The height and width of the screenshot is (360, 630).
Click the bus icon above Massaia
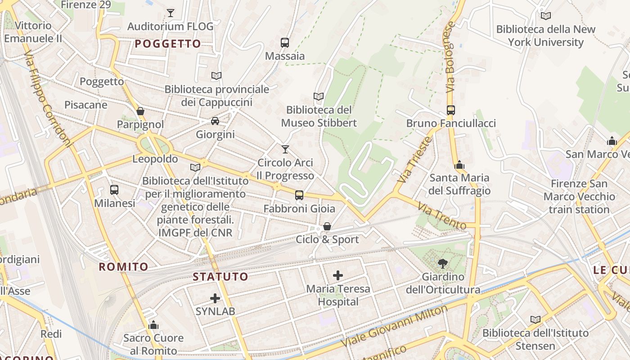pos(284,43)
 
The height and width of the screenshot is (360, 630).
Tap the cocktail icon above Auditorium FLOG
pos(171,13)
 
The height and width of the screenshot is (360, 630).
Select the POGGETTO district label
pos(168,44)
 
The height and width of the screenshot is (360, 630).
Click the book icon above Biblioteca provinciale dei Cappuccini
pos(216,76)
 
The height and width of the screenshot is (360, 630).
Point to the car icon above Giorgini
pos(215,121)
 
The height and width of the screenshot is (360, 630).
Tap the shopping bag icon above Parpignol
pos(140,111)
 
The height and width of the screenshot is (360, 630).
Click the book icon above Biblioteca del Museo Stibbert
pos(319,96)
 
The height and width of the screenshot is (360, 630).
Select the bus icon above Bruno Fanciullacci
pos(450,110)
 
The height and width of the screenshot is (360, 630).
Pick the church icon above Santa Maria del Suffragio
pos(459,165)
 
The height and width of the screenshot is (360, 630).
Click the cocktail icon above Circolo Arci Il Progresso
pos(285,149)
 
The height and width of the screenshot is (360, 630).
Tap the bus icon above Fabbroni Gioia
pos(299,195)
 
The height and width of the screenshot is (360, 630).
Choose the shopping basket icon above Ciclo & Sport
pos(327,226)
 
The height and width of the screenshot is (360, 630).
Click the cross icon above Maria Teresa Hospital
pos(338,275)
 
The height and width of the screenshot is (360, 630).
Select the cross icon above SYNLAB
pos(215,298)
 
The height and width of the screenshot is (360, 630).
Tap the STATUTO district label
pos(220,276)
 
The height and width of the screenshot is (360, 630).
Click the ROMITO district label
pos(123,267)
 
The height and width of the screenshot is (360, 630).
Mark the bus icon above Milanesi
pos(114,190)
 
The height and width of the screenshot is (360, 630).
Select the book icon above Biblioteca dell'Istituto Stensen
pos(535,319)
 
